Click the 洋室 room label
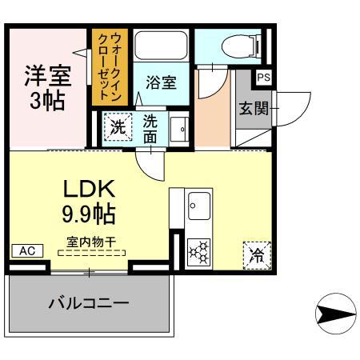[46, 76]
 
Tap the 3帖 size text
[46, 102]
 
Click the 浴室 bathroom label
[160, 82]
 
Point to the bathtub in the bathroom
[160, 46]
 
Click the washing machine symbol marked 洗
[118, 126]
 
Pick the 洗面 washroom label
[151, 129]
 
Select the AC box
[26, 250]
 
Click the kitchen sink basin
[198, 207]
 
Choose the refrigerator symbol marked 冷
[257, 254]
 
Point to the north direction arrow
[334, 314]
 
